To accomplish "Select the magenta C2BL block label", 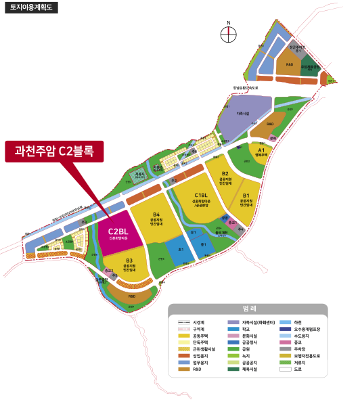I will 118,233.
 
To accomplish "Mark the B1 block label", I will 247,197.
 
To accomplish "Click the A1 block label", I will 261,151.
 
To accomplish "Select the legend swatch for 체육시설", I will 233,370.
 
